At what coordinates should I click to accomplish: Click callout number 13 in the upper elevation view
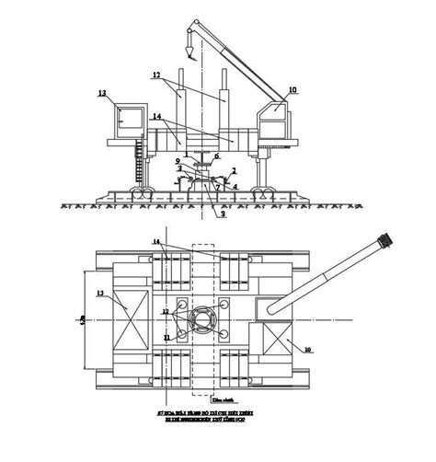(x=102, y=93)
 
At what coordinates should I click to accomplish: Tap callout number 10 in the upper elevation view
(x=293, y=90)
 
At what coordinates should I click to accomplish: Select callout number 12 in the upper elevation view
(x=156, y=75)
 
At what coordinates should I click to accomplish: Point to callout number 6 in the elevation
(x=217, y=156)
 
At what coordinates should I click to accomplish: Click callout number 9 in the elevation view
(x=178, y=161)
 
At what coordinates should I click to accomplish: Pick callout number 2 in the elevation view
(x=235, y=170)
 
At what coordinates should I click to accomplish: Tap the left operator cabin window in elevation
(x=128, y=118)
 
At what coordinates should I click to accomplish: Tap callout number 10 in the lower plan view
(x=307, y=349)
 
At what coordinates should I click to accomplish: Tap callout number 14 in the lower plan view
(x=157, y=241)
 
